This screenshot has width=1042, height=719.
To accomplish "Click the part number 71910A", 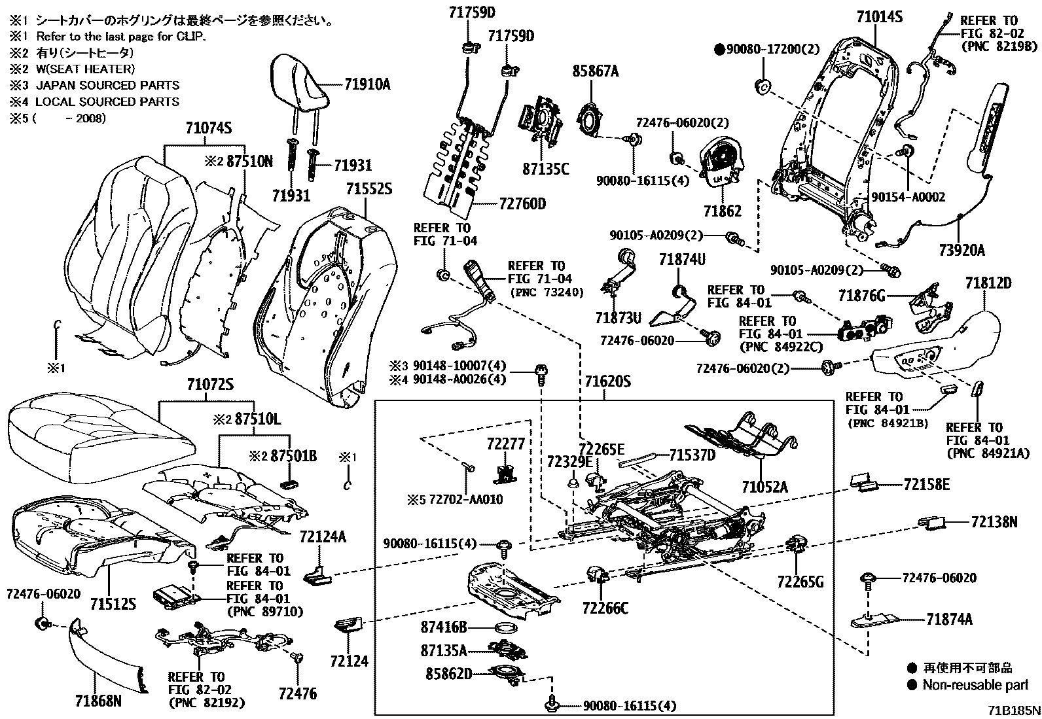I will (367, 84).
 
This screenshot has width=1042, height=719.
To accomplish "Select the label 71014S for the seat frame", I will (879, 16).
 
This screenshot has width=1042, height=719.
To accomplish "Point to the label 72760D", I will (522, 204).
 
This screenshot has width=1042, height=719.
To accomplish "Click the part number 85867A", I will (596, 72).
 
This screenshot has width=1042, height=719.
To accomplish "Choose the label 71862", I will (723, 211).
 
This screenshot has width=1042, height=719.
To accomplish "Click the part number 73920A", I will (962, 250).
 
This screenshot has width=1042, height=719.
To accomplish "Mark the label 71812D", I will (988, 283).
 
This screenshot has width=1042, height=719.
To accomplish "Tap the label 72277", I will (505, 444).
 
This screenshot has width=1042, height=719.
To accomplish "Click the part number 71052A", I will (764, 487).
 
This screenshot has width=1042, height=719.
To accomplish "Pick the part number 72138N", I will (994, 522).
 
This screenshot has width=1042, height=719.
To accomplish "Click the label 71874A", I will (949, 619).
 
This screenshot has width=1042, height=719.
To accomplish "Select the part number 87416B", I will (444, 627).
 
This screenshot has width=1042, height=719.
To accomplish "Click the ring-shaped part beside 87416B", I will (505, 629).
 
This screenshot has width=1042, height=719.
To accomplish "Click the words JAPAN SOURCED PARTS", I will (107, 85).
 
